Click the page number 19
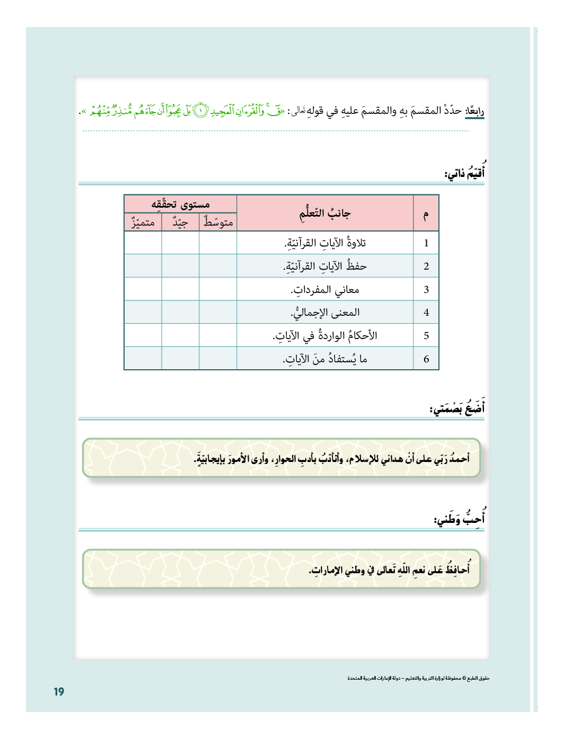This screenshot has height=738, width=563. tap(59, 691)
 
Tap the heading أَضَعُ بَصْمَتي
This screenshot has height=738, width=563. tap(457, 408)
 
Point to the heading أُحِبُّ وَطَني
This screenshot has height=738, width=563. tap(459, 518)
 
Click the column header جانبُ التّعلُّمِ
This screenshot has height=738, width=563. tap(324, 214)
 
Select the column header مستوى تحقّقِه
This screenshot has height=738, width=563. tap(180, 204)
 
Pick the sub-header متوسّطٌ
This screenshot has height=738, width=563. tap(218, 223)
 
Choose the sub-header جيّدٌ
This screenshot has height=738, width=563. tap(180, 223)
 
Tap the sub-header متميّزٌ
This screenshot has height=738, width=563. tap(143, 223)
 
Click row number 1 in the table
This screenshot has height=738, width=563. tap(426, 243)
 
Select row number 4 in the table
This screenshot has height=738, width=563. tap(426, 313)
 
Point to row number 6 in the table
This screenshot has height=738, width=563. tap(426, 359)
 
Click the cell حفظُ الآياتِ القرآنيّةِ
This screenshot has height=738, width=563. tap(324, 266)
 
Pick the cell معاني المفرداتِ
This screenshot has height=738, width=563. tap(324, 289)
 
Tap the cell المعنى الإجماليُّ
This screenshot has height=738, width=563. tap(324, 313)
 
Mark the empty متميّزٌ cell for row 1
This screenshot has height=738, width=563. tap(143, 243)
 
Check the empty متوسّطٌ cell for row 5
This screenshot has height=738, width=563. tap(218, 335)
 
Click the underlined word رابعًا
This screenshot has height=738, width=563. tap(474, 111)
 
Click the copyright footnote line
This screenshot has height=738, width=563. tap(418, 678)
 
